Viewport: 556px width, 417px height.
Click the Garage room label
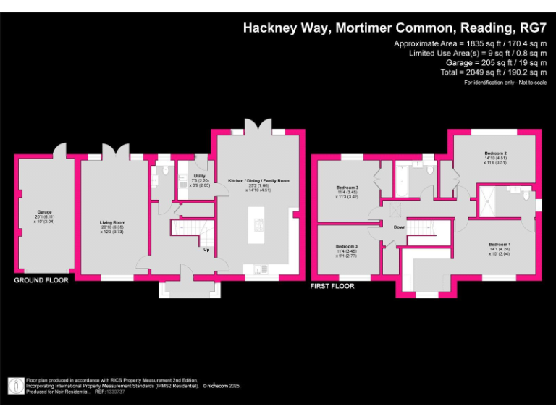point(34,212)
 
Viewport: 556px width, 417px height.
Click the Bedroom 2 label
point(494,153)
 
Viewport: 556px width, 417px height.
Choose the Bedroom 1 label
point(499,245)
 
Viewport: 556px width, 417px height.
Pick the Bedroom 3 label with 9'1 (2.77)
point(346,246)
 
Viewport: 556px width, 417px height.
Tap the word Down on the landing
point(400,227)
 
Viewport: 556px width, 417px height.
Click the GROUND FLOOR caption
point(41,280)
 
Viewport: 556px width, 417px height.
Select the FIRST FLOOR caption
point(332,286)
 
